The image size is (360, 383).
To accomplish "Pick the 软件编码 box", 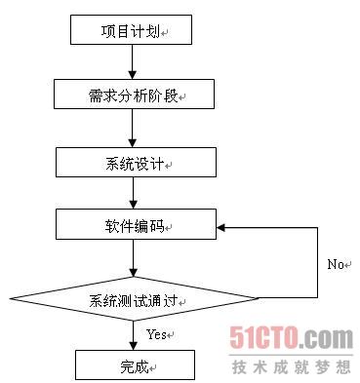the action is [x=135, y=225].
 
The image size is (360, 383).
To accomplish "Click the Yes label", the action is [x=158, y=334].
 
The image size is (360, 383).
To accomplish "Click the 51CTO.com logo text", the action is [x=291, y=339].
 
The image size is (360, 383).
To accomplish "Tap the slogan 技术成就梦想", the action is [x=291, y=366].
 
